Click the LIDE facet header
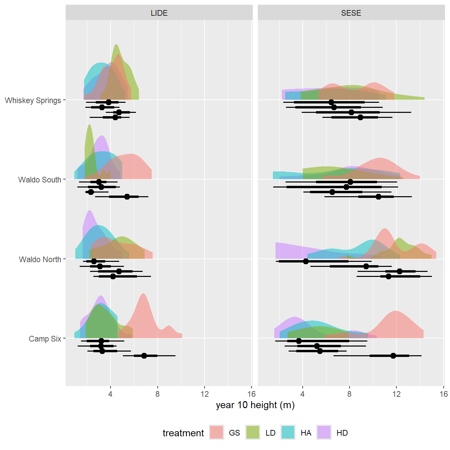[x=159, y=13]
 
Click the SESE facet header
[x=351, y=13]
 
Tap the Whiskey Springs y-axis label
[x=33, y=100]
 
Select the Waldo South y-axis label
[x=40, y=180]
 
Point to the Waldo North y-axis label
[x=40, y=259]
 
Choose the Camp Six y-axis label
[x=45, y=339]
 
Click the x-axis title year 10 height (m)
[x=255, y=405]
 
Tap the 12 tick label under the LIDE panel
[x=205, y=394]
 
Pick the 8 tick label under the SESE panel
[x=349, y=394]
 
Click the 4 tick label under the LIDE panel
[x=110, y=394]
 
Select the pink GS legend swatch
[x=217, y=432]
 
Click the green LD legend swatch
[x=253, y=432]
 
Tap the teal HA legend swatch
[x=288, y=432]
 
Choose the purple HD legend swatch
[x=324, y=432]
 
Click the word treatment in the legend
[x=183, y=433]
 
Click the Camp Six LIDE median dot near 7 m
[x=144, y=356]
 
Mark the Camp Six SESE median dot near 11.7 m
[x=393, y=356]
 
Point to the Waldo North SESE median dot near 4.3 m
[x=306, y=261]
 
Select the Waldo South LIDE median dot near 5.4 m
[x=127, y=197]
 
